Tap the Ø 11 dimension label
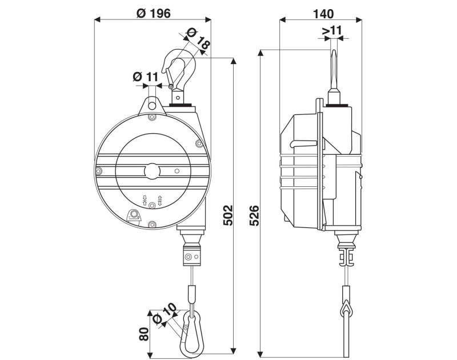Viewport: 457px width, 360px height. pyautogui.click(x=146, y=77)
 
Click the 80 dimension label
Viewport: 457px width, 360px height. pyautogui.click(x=144, y=333)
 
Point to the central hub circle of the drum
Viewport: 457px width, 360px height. pyautogui.click(x=152, y=171)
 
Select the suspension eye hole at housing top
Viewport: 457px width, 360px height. pyautogui.click(x=152, y=104)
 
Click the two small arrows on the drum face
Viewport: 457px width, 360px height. pyautogui.click(x=152, y=199)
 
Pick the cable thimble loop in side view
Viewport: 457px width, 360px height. pyautogui.click(x=346, y=309)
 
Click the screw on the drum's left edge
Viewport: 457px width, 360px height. pyautogui.click(x=99, y=171)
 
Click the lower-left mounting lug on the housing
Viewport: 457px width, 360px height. pyautogui.click(x=134, y=215)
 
